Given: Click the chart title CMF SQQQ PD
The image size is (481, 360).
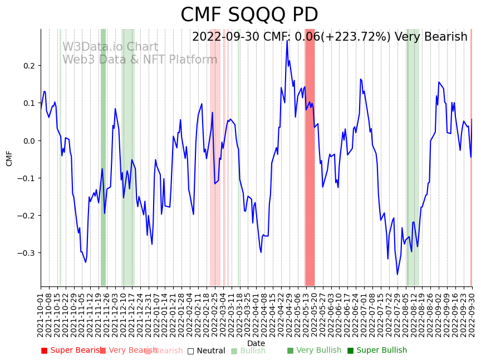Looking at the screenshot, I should (249, 15).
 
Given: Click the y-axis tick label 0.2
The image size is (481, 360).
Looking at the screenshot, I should (28, 66).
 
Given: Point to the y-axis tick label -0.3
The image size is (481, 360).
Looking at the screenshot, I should (26, 253).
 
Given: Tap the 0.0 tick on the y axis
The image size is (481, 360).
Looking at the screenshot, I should (28, 140).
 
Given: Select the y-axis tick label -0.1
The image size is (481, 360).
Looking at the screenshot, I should (26, 178).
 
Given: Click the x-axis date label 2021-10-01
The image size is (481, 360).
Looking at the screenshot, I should (41, 315).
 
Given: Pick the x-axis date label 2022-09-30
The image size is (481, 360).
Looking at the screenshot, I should (472, 315).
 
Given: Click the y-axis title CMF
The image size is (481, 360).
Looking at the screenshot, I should (9, 158).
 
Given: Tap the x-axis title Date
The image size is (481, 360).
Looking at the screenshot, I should (256, 343).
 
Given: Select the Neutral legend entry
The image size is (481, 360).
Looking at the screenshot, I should (207, 351).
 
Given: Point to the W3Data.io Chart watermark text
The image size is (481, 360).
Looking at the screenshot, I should (110, 47).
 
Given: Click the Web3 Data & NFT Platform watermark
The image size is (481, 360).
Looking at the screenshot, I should (140, 60).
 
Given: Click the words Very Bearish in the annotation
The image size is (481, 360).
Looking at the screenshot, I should (431, 37).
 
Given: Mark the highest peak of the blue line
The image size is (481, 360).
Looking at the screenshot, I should (287, 41).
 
